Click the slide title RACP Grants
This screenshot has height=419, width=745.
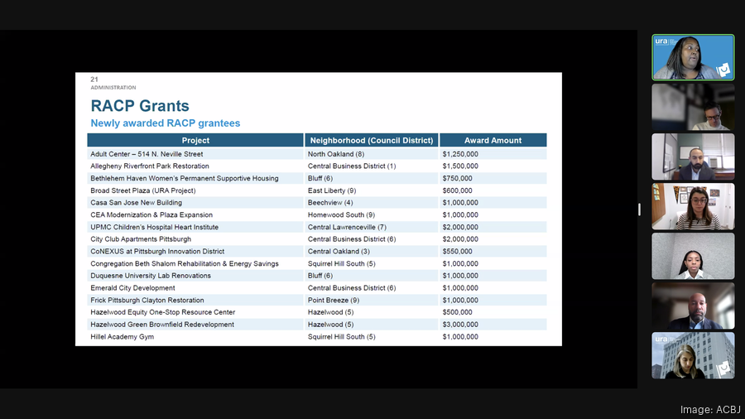tap(140, 106)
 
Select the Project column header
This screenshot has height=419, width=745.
tap(195, 141)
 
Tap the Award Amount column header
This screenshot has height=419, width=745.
tap(493, 141)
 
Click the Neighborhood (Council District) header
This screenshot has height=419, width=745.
tap(371, 141)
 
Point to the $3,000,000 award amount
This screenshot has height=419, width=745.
tap(460, 325)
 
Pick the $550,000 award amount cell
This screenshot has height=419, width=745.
tap(457, 252)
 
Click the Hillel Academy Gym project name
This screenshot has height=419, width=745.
tap(123, 337)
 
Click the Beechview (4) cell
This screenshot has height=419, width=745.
tap(330, 203)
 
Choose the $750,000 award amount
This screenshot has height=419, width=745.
tap(457, 178)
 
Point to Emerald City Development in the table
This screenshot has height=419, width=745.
tap(132, 288)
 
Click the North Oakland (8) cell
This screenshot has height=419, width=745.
tap(336, 154)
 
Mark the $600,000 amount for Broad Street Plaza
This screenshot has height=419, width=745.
tap(457, 190)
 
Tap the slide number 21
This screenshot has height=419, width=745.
tap(94, 79)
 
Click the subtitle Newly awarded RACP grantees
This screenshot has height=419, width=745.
tap(165, 123)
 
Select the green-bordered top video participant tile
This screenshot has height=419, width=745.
tap(693, 57)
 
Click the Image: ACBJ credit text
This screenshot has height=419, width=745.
tap(710, 409)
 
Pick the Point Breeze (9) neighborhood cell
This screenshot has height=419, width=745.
tap(334, 301)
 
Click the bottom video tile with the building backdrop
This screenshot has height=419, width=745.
tap(693, 355)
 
